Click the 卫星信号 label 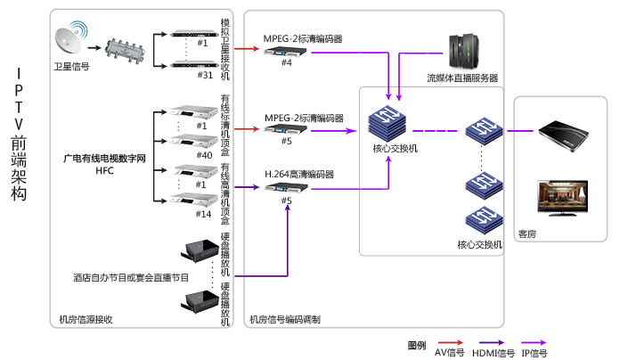click(72, 66)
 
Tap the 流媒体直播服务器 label click(462, 78)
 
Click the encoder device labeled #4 click(287, 51)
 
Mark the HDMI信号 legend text click(499, 353)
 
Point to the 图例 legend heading click(417, 344)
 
